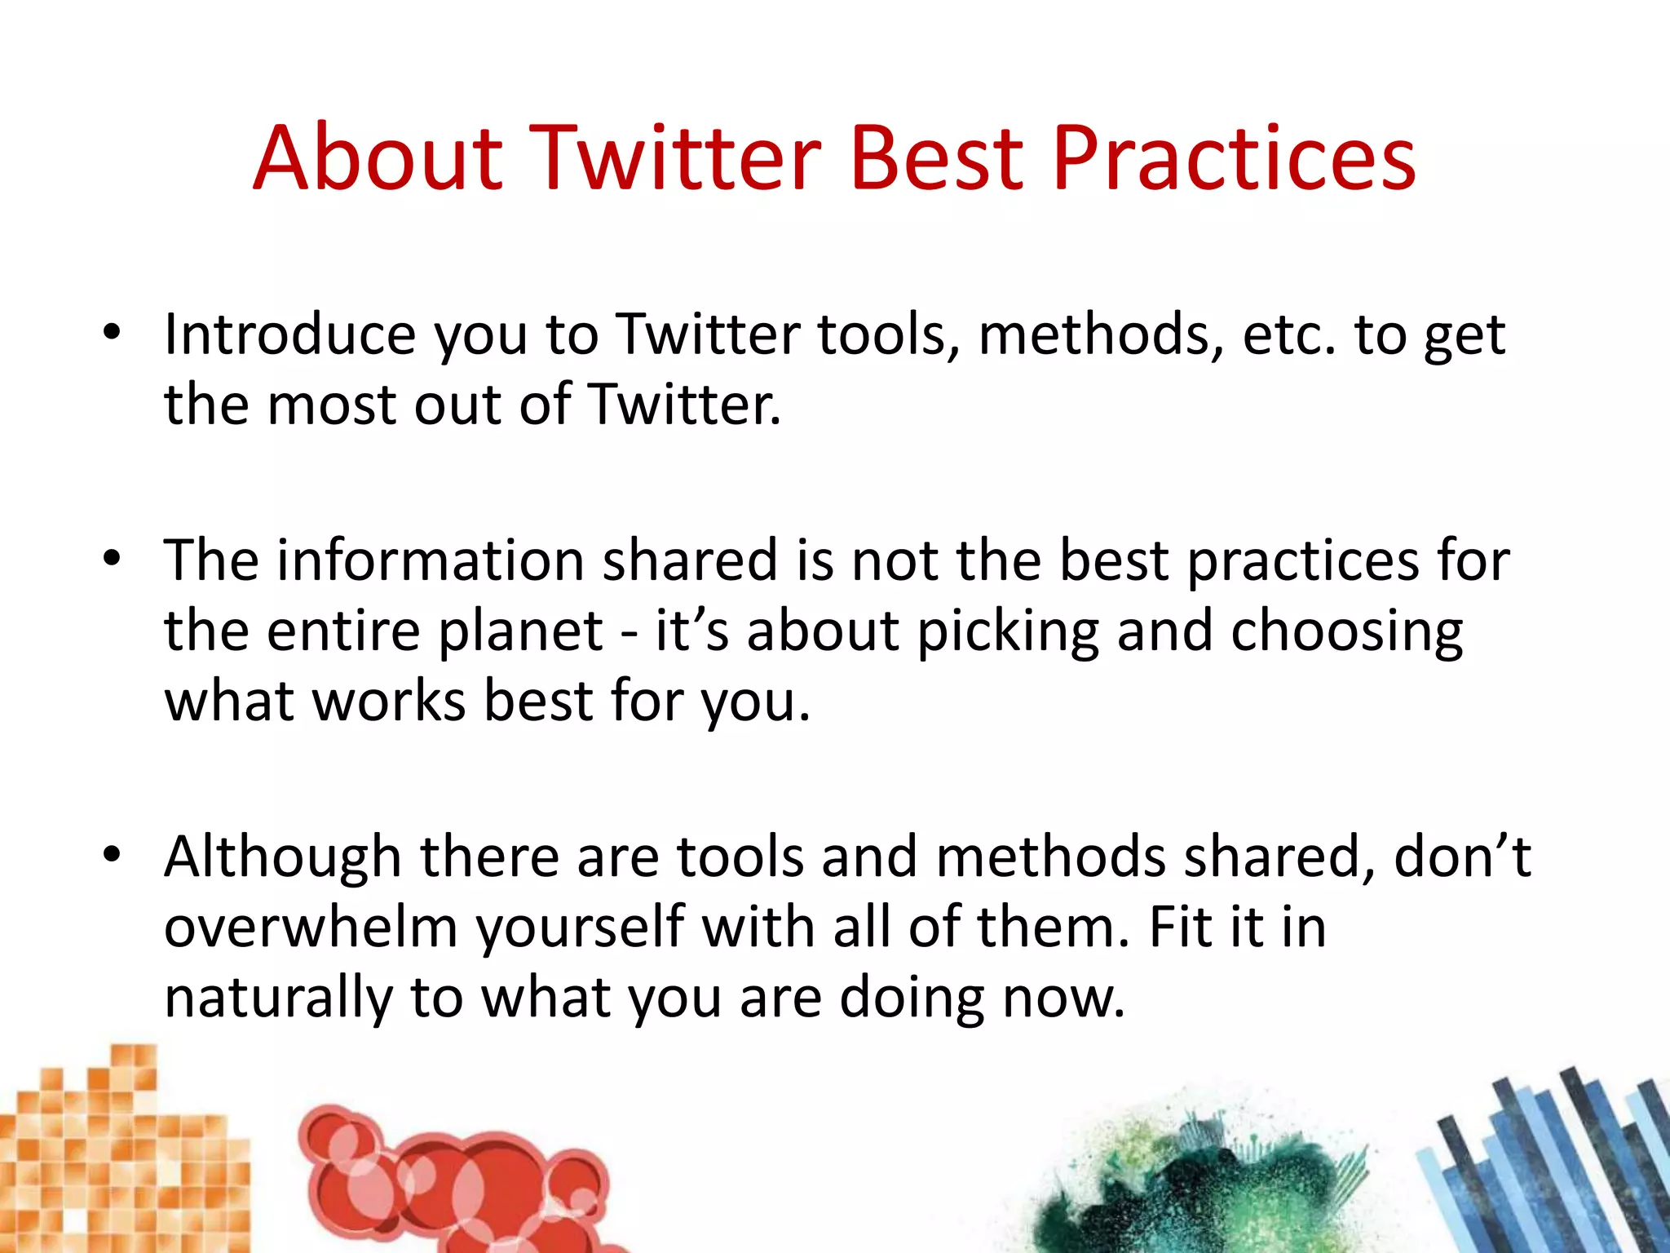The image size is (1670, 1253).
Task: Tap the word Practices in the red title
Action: coord(1234,158)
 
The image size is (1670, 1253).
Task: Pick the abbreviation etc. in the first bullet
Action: coord(1288,336)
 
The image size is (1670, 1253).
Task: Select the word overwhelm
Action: coord(311,928)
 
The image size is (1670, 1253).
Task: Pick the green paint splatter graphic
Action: coord(1199,1183)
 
